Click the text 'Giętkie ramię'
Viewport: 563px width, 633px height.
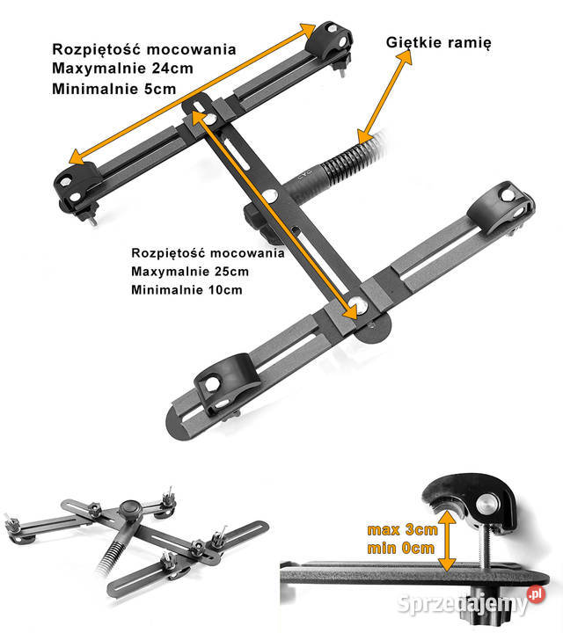439,43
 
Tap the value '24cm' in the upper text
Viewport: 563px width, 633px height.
172,69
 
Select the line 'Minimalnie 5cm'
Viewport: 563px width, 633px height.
114,89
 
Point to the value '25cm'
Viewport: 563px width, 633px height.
231,272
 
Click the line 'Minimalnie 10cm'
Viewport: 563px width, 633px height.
186,289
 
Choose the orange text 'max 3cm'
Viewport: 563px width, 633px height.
402,529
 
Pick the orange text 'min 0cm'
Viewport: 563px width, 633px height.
400,549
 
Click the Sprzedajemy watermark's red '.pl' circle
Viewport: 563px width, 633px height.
536,593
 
